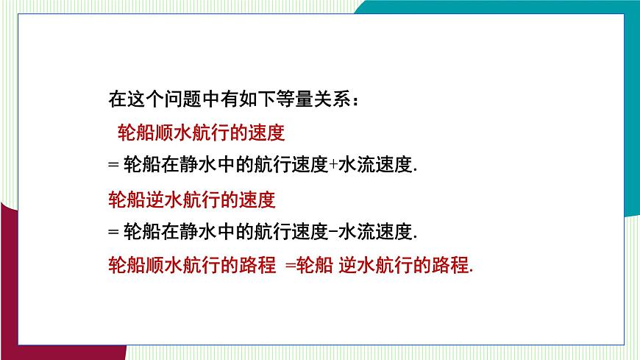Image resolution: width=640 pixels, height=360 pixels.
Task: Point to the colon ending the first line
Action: (355, 100)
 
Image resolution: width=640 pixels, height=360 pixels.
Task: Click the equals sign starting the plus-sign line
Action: (113, 166)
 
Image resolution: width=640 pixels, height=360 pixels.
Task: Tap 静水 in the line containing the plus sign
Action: (196, 166)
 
